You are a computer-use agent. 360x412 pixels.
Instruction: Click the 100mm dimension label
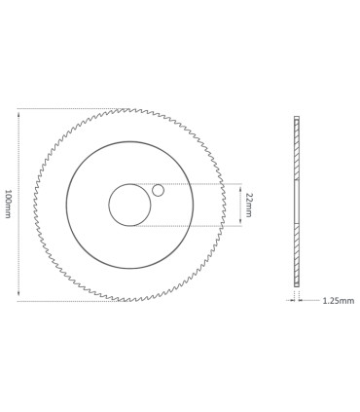click(x=10, y=205)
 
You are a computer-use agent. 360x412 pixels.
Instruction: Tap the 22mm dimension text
click(x=250, y=205)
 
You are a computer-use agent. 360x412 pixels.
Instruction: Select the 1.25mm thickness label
click(x=338, y=301)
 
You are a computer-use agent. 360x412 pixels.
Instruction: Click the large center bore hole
click(x=129, y=205)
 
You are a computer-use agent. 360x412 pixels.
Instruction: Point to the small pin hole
click(x=159, y=190)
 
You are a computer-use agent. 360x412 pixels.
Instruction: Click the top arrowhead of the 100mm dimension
click(x=18, y=112)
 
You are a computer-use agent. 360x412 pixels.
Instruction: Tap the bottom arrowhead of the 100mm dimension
click(x=18, y=297)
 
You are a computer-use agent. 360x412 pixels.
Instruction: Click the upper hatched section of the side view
click(x=297, y=148)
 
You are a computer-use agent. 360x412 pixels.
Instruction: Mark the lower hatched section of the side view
click(x=297, y=255)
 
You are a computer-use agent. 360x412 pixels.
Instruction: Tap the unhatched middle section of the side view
click(x=297, y=203)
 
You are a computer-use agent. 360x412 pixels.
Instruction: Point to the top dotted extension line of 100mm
click(x=68, y=109)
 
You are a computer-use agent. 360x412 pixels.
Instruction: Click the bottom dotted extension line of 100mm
click(x=68, y=301)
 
